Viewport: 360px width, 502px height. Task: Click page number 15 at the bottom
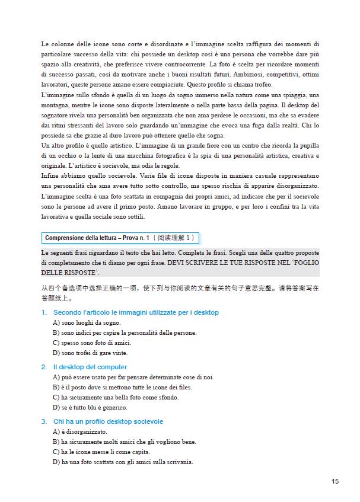pyautogui.click(x=335, y=481)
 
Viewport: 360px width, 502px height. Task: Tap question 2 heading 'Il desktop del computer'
pyautogui.click(x=90, y=367)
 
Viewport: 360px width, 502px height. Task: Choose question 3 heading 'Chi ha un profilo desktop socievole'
pyautogui.click(x=108, y=421)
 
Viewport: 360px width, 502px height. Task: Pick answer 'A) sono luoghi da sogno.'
pyautogui.click(x=87, y=323)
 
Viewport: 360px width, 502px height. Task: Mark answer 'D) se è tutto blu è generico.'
pyautogui.click(x=90, y=408)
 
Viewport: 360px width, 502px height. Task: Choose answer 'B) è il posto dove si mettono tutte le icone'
pyautogui.click(x=116, y=387)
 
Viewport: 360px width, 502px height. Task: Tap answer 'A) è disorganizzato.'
pyautogui.click(x=80, y=431)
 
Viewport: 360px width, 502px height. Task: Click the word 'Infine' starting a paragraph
pyautogui.click(x=50, y=176)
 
